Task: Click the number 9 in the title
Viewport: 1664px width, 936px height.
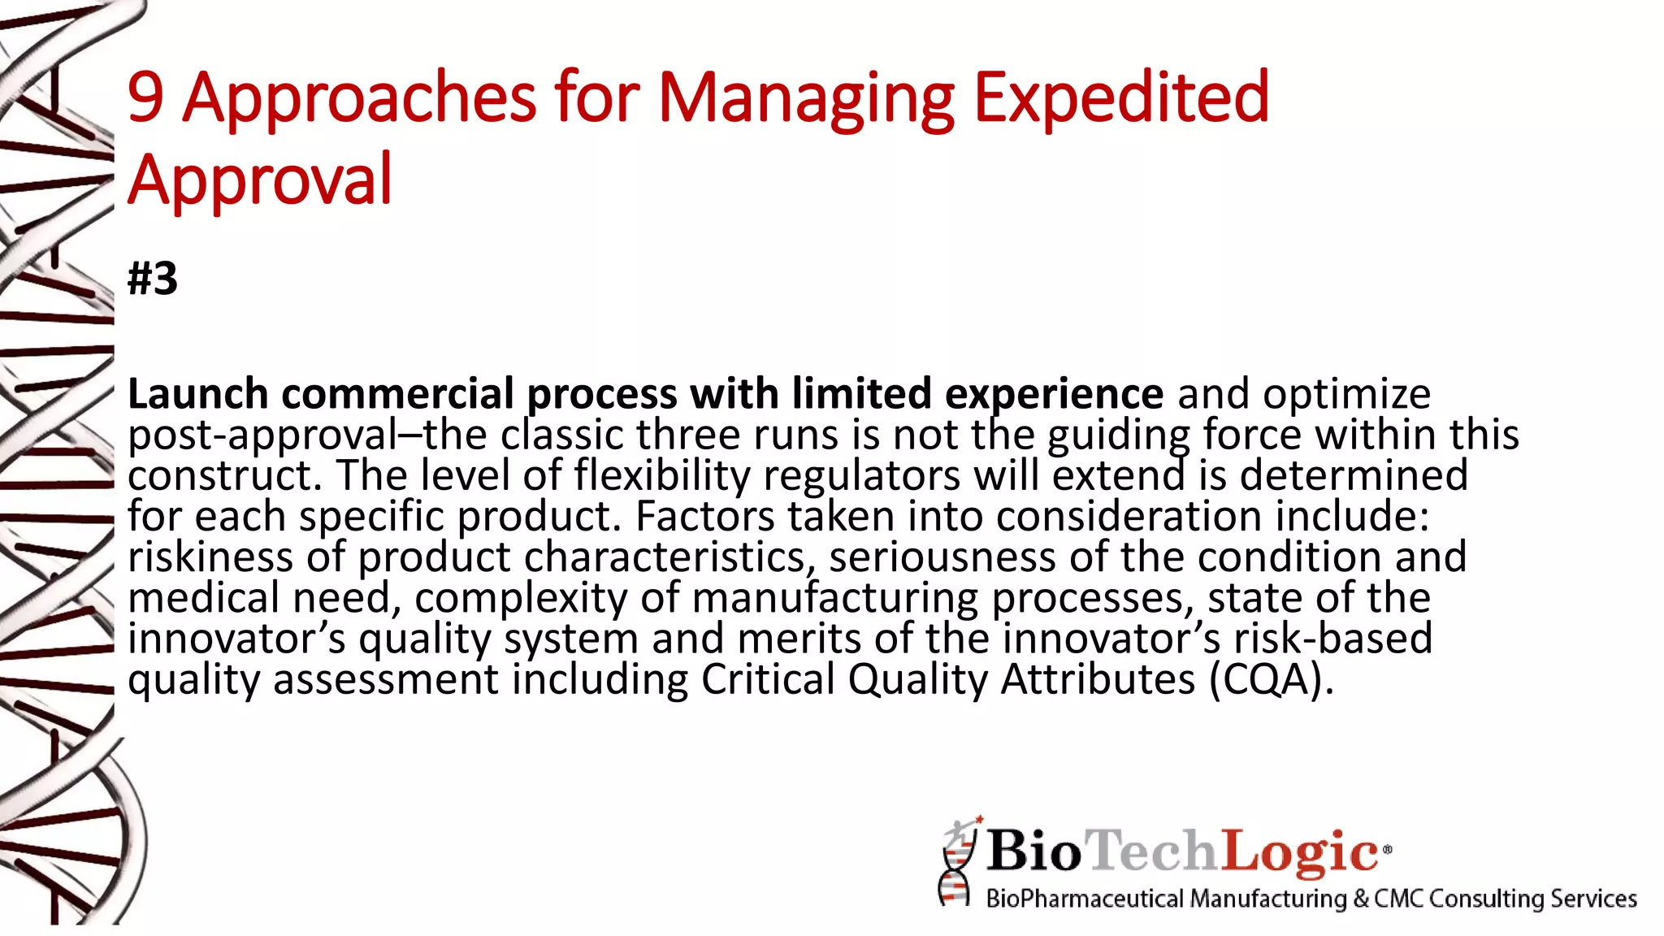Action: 146,97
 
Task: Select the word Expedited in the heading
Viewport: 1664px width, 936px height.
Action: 1120,97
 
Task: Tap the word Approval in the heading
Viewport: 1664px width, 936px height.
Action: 260,180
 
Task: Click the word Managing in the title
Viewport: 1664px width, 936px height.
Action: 805,99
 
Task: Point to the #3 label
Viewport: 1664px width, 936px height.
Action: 153,279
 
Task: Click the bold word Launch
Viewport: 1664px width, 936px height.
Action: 197,394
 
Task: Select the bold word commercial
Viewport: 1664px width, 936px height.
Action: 397,394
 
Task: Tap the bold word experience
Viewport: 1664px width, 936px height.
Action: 1054,394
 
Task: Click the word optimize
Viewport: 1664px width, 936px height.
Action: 1346,396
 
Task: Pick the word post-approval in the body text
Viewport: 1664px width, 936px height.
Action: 262,436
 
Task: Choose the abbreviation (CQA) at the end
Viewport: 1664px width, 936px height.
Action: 1271,680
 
